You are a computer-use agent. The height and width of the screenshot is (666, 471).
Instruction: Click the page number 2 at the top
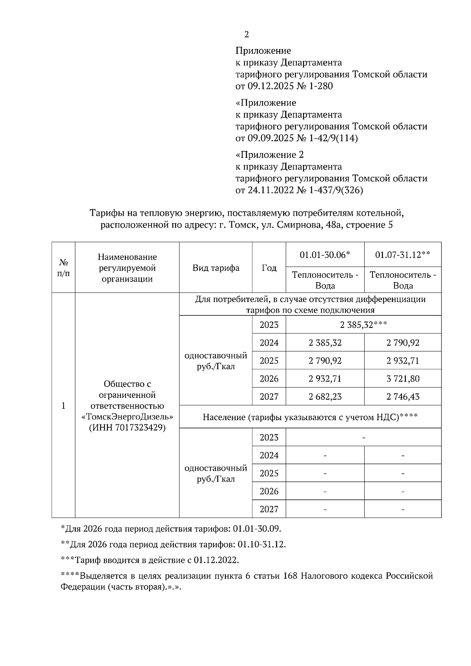(x=246, y=35)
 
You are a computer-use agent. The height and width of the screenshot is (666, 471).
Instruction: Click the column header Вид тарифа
(x=216, y=268)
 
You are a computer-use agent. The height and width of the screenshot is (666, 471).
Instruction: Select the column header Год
(x=269, y=268)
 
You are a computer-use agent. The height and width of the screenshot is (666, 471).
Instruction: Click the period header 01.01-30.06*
(x=325, y=255)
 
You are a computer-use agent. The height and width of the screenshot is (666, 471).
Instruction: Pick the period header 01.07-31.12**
(x=403, y=255)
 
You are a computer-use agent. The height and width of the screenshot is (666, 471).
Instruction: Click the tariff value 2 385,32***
(x=363, y=325)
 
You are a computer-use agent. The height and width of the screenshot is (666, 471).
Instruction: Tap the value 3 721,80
(x=403, y=378)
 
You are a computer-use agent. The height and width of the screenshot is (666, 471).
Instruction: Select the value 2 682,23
(x=325, y=397)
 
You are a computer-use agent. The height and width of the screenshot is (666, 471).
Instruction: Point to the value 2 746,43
(x=403, y=397)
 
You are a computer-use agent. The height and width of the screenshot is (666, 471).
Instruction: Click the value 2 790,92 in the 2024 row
(x=403, y=343)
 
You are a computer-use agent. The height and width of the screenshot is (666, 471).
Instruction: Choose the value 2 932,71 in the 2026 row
(x=325, y=378)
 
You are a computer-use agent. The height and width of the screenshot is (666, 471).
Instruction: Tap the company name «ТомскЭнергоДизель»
(x=127, y=417)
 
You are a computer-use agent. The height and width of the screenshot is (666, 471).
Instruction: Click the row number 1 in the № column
(x=64, y=406)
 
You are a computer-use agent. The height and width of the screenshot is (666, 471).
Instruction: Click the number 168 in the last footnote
(x=291, y=576)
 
